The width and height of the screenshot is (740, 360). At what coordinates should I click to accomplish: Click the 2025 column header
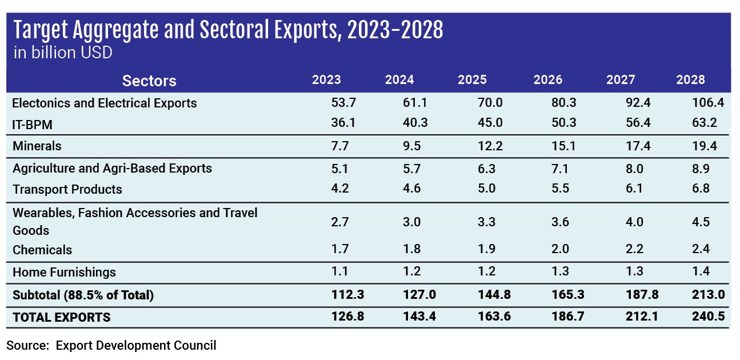pos(472,80)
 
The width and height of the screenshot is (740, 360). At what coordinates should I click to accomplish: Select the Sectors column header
pos(149,81)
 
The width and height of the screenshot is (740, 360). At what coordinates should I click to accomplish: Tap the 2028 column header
pos(690,80)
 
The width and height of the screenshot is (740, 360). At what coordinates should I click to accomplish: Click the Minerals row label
pos(37,146)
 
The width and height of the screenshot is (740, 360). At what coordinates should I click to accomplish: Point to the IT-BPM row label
pos(33,123)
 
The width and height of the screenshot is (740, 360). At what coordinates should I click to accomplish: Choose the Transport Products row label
pos(67,189)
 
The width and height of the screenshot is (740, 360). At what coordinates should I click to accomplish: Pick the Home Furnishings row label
pos(64,272)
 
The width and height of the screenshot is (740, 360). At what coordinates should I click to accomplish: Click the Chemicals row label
pos(42,250)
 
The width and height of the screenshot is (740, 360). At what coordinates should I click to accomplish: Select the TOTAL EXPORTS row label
pos(62,317)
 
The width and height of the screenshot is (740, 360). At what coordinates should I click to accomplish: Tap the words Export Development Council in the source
pos(136,345)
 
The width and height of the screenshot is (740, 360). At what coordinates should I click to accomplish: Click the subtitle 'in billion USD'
pos(62,53)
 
